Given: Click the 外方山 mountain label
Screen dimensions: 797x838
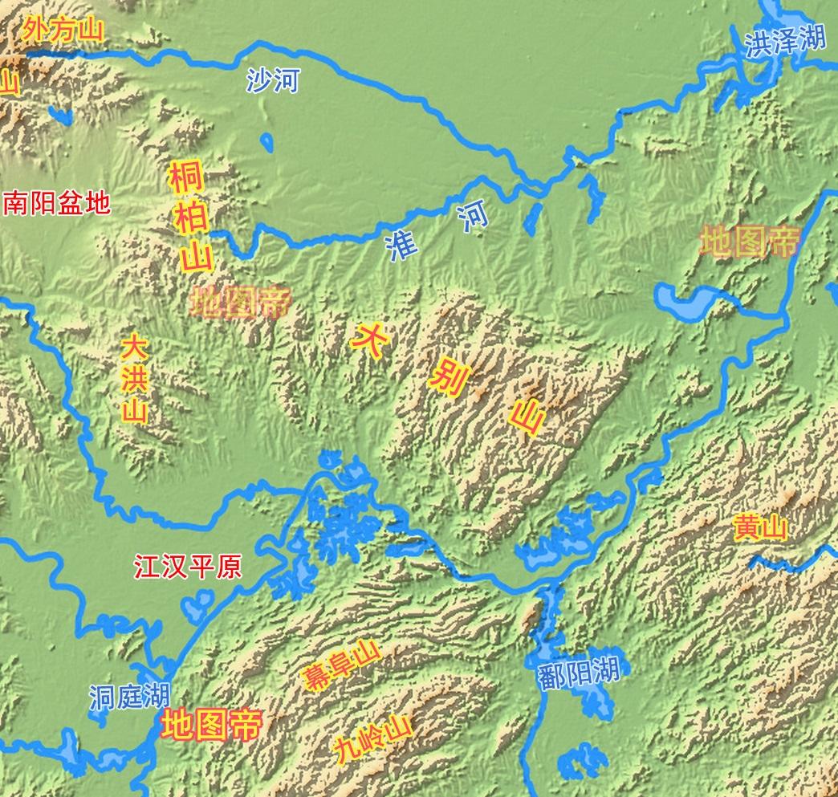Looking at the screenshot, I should pyautogui.click(x=63, y=30).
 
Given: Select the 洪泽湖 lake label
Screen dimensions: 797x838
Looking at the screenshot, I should pyautogui.click(x=784, y=42).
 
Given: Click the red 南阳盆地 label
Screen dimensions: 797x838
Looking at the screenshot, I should pyautogui.click(x=56, y=204).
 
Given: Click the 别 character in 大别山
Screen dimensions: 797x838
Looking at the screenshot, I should pyautogui.click(x=446, y=375).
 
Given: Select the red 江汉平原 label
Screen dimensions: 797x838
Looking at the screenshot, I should pyautogui.click(x=187, y=567).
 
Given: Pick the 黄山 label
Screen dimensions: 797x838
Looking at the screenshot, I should pyautogui.click(x=760, y=529).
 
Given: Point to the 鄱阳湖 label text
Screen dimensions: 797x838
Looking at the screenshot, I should pyautogui.click(x=580, y=671).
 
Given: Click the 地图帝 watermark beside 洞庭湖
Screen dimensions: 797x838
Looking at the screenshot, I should pyautogui.click(x=210, y=726).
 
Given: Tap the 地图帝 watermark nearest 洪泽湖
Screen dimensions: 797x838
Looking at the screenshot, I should pyautogui.click(x=750, y=241).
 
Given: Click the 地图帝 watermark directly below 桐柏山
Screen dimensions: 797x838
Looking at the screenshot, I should pyautogui.click(x=239, y=302).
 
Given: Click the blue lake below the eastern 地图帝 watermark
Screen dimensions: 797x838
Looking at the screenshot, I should pyautogui.click(x=685, y=301).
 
